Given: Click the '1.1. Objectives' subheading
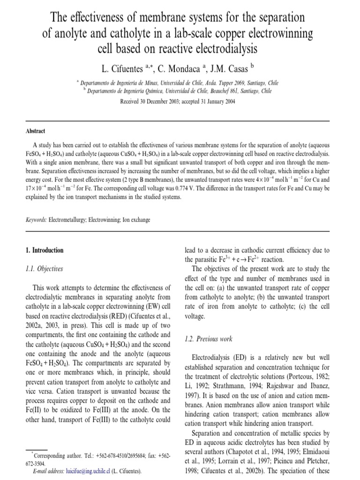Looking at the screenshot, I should pos(45,269).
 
